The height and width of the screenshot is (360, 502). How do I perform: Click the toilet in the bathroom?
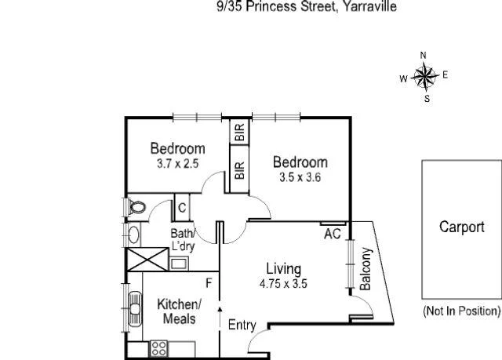(x=138, y=207)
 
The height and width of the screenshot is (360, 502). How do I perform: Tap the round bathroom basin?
(x=134, y=235)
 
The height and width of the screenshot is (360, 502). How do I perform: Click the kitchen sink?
(x=135, y=308)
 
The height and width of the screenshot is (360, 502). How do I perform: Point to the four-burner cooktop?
(x=158, y=347)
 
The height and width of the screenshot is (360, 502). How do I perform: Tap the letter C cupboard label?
(x=181, y=208)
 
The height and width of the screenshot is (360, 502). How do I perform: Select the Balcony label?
(x=365, y=271)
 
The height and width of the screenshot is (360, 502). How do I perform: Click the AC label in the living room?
(x=332, y=233)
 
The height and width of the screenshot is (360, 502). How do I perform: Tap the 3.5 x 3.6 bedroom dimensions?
(x=300, y=177)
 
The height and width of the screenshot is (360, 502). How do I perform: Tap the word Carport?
(x=461, y=227)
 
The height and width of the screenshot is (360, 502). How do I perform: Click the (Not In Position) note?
(x=461, y=311)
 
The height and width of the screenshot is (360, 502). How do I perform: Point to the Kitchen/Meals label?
(x=180, y=311)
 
